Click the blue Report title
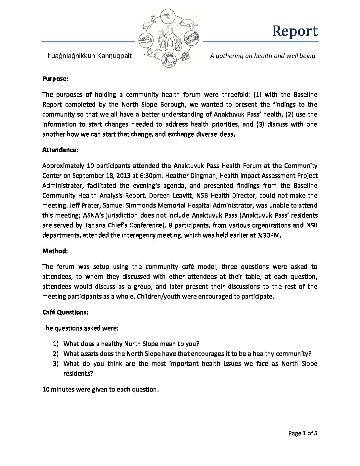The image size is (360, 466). point(294,31)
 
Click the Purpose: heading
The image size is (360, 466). point(55,79)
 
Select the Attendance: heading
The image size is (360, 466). point(60,150)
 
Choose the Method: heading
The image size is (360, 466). point(55,251)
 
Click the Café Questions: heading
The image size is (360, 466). point(65,312)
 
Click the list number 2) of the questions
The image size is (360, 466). point(56,354)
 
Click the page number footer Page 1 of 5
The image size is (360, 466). point(303,433)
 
